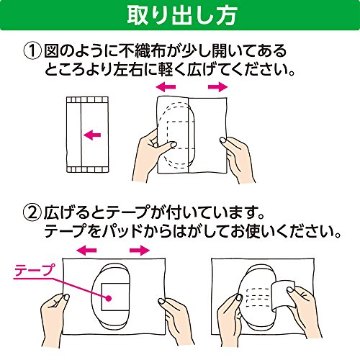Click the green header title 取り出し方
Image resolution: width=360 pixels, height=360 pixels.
pos(182,16)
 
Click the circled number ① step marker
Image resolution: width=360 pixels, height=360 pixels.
pos(32,51)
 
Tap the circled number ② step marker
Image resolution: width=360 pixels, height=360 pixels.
pos(32,213)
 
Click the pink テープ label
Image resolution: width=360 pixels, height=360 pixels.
pos(35,270)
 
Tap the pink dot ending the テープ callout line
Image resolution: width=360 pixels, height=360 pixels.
pos(109,298)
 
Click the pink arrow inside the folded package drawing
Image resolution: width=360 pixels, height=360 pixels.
pos(92,135)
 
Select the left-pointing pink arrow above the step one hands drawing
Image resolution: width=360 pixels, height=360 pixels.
pos(166,87)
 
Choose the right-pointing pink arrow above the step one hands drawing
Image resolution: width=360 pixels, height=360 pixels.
pos(217,87)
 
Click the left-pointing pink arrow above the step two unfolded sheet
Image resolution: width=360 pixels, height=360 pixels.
pos(86,251)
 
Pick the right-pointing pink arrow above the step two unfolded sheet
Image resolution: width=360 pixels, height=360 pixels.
pos(140,251)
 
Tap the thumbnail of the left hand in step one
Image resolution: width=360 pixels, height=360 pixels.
pos(173,144)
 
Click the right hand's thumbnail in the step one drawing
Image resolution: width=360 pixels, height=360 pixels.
pos(223,140)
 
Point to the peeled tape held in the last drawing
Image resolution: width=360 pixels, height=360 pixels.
pos(283,294)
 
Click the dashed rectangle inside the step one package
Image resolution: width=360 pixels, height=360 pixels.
pos(178,135)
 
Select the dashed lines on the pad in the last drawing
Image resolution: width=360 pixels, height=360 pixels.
pos(258,297)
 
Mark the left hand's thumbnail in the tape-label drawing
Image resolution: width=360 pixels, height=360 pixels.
pos(66,298)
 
